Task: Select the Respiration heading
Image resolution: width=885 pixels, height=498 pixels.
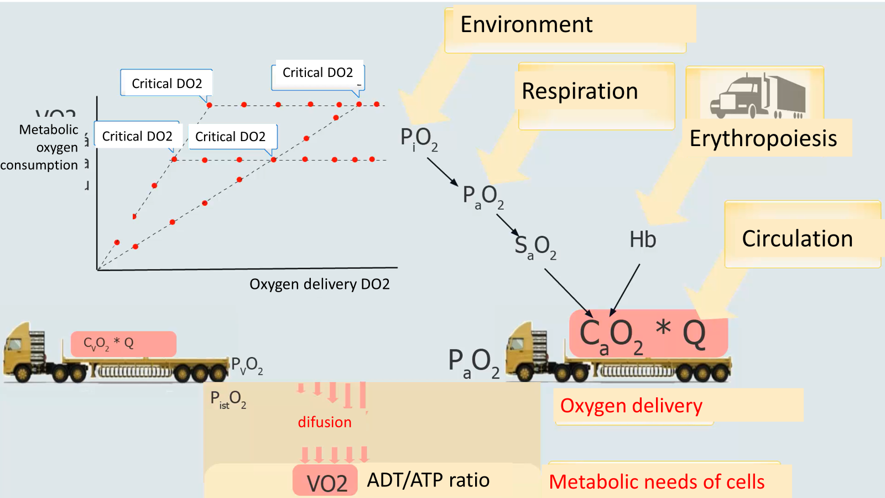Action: click(580, 91)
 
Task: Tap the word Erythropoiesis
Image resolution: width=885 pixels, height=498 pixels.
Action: click(763, 138)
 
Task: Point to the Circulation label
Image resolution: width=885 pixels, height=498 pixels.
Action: click(797, 238)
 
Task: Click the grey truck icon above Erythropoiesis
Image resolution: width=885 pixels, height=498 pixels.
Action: click(758, 95)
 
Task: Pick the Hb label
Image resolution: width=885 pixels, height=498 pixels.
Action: click(643, 240)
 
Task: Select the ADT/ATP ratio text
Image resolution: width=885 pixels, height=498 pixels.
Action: click(428, 480)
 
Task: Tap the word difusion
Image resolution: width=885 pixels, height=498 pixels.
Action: click(325, 422)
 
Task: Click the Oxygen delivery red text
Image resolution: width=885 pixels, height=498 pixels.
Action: click(631, 406)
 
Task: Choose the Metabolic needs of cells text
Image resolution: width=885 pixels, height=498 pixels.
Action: click(657, 482)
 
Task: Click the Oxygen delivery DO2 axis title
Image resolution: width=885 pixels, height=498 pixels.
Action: click(319, 284)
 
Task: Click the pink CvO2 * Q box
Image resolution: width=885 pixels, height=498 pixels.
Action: click(123, 344)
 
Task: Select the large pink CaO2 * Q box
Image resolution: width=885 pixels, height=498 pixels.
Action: click(647, 334)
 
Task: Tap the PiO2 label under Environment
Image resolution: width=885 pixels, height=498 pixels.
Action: click(419, 138)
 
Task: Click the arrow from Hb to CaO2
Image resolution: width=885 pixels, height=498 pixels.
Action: click(625, 289)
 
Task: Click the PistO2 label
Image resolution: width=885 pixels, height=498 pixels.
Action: click(228, 399)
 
